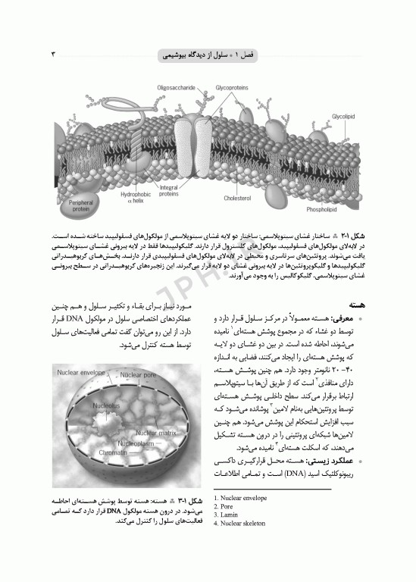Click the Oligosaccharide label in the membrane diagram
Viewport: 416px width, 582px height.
(x=177, y=89)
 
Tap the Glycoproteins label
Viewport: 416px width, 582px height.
(x=231, y=89)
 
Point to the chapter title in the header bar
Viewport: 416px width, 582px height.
(x=208, y=55)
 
